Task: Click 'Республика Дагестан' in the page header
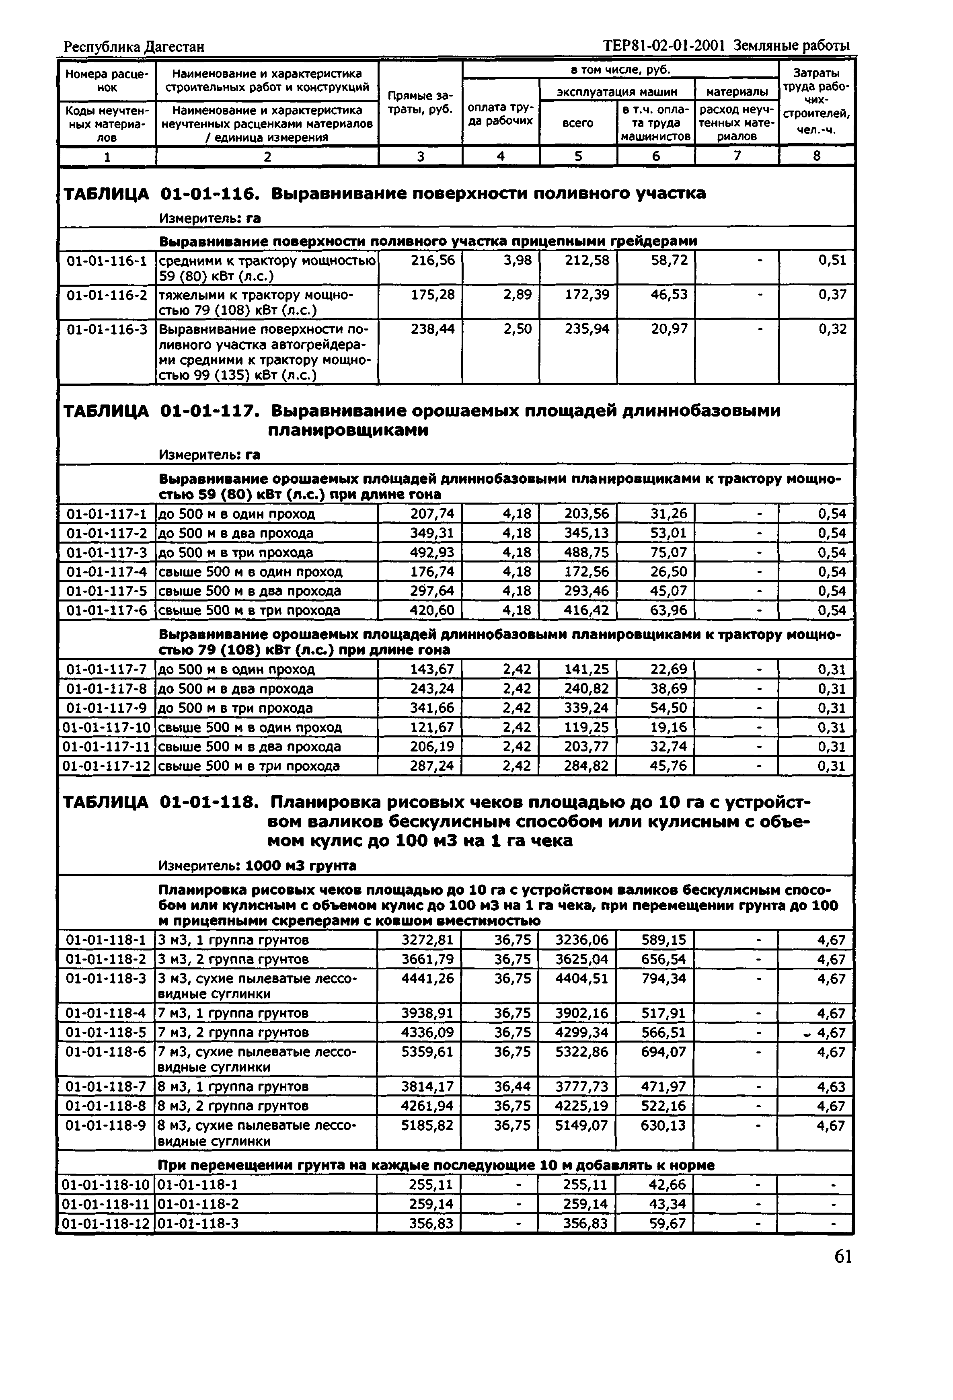134,46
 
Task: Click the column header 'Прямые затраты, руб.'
420,103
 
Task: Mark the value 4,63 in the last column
831,1087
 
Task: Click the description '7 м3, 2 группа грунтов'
233,1033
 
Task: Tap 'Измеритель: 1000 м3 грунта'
257,866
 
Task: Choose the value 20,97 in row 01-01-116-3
669,329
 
